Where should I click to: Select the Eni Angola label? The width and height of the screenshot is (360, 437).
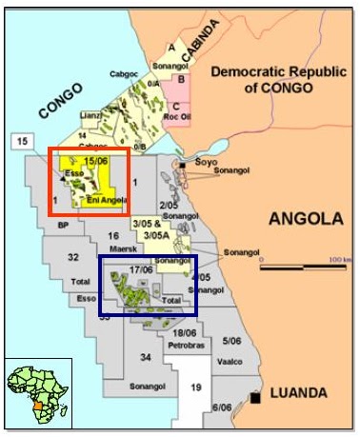click(x=104, y=201)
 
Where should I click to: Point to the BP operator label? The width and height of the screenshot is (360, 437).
click(x=63, y=226)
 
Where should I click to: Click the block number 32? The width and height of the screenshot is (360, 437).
click(x=73, y=258)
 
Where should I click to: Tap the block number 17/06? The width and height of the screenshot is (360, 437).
click(x=141, y=269)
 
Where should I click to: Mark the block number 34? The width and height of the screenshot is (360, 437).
click(x=146, y=357)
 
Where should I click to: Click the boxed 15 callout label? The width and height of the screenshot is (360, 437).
click(x=24, y=142)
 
